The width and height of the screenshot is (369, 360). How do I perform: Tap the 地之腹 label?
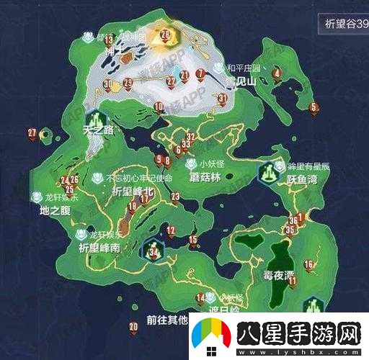click(54, 211)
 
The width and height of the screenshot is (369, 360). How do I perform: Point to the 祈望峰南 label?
click(100, 247)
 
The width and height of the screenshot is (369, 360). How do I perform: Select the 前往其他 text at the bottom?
click(166, 319)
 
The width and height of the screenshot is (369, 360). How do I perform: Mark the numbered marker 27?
click(32, 132)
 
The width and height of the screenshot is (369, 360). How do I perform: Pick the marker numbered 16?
click(309, 265)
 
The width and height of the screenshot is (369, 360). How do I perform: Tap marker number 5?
click(313, 108)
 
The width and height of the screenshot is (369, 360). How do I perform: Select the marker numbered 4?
click(277, 73)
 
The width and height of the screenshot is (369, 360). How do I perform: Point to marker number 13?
click(109, 40)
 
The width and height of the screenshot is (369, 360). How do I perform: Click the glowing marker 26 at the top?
click(165, 34)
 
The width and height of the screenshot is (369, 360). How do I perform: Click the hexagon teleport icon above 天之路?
click(94, 118)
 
